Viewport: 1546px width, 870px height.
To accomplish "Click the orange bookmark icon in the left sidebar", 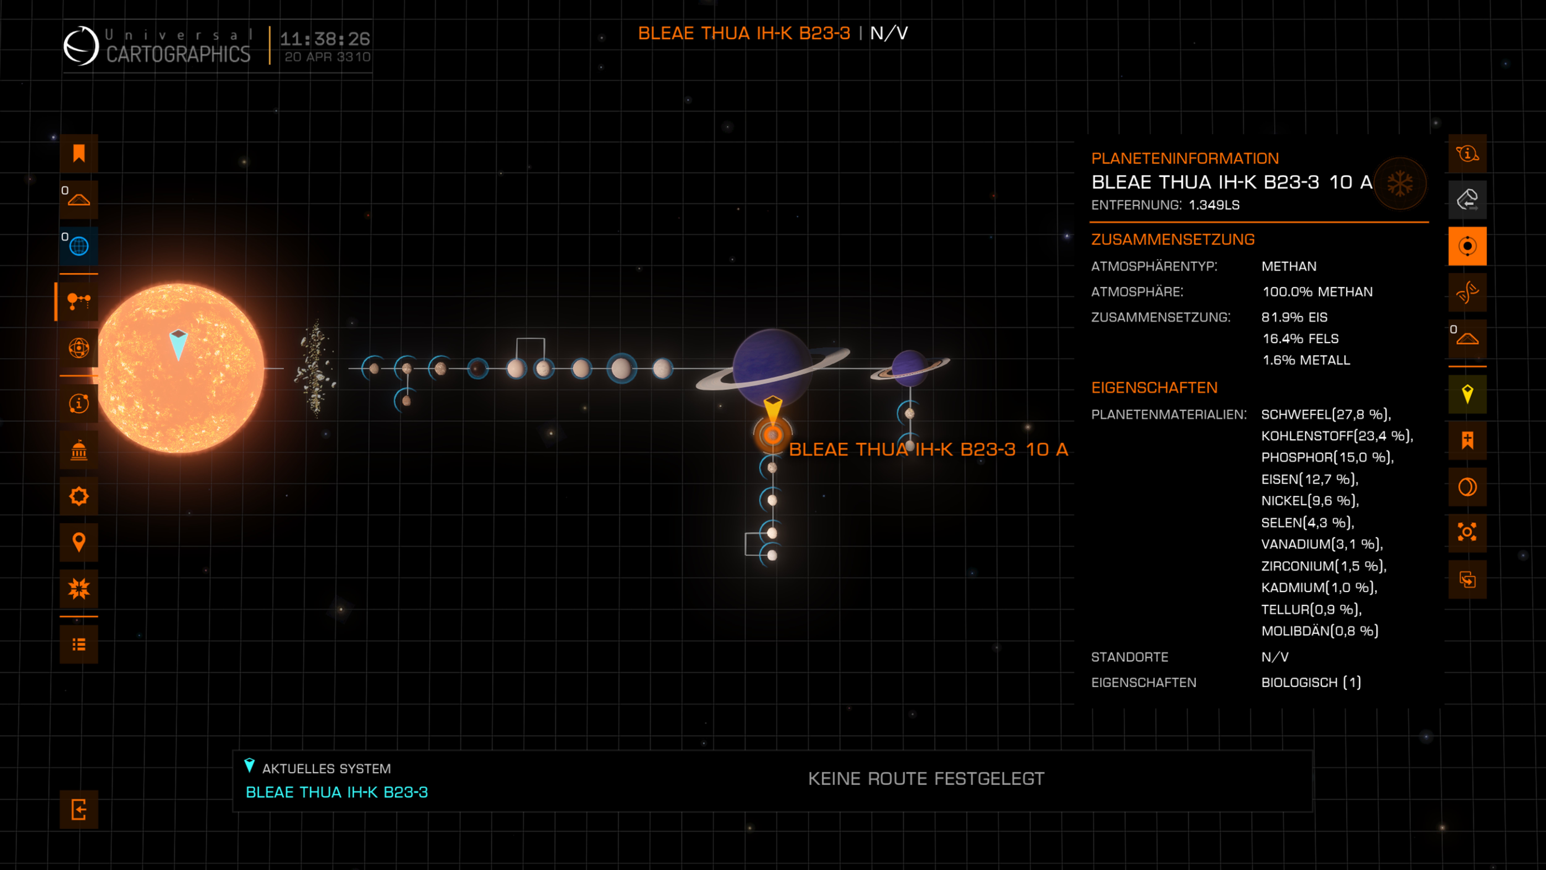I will (79, 154).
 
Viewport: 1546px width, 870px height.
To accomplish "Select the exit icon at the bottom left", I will (79, 809).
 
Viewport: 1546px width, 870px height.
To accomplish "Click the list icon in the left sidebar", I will (79, 644).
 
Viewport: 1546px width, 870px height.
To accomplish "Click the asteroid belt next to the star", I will (314, 368).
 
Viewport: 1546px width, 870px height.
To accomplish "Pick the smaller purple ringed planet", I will (910, 367).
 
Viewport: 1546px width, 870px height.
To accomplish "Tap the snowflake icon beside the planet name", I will (1400, 183).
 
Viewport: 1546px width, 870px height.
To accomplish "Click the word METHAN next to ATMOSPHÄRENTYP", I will (1289, 266).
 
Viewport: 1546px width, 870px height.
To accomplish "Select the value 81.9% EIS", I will (1294, 317).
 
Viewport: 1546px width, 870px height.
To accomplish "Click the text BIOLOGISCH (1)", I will (1311, 682).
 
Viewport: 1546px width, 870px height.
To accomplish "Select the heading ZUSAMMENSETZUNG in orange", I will (1173, 240).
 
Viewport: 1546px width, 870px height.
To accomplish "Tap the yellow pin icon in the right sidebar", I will (1467, 394).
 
